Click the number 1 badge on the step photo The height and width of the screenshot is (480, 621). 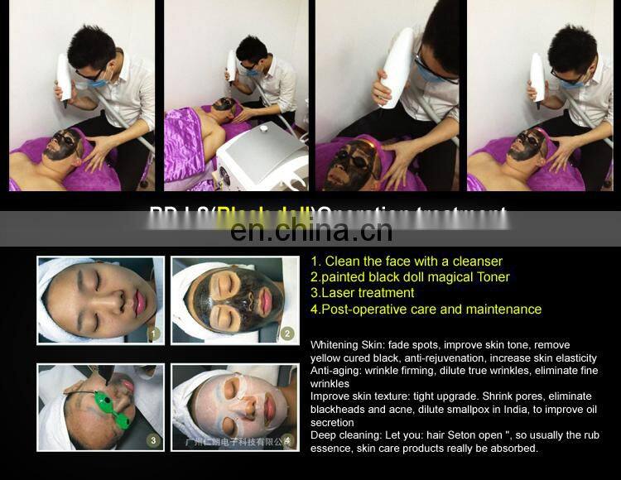click(152, 335)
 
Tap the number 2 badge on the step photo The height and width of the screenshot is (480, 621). click(286, 334)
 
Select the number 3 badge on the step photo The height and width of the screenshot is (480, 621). click(152, 441)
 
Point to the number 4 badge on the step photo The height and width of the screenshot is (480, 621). click(286, 441)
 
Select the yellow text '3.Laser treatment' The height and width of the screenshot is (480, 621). click(362, 292)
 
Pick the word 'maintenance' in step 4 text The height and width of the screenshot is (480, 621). click(504, 309)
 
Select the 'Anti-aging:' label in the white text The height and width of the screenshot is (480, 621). click(336, 371)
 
